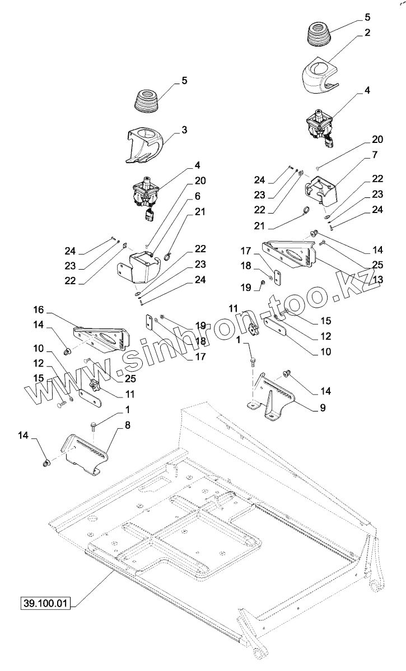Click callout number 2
(x=367, y=33)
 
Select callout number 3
(x=184, y=130)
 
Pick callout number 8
(x=128, y=425)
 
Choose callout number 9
(x=323, y=409)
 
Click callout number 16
(x=38, y=309)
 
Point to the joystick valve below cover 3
(x=146, y=197)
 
